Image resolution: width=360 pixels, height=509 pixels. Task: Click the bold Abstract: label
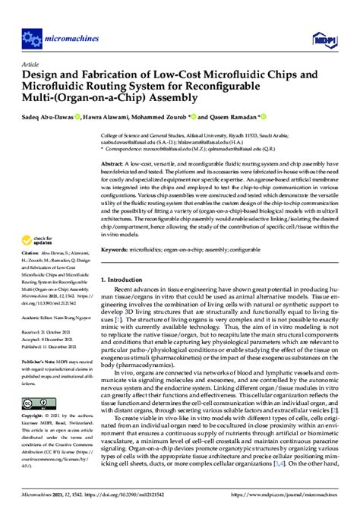[114, 163]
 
